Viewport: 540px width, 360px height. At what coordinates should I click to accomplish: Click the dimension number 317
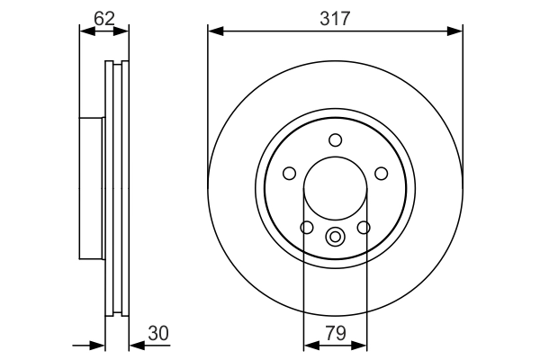click(x=335, y=18)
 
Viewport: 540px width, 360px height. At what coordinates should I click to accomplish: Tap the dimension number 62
click(x=104, y=18)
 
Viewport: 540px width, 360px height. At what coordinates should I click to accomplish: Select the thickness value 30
click(x=158, y=334)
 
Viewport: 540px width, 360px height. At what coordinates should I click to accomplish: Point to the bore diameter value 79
click(x=336, y=334)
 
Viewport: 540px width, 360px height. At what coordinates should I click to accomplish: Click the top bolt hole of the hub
click(x=335, y=140)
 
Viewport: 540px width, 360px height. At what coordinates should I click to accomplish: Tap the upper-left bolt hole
click(x=289, y=174)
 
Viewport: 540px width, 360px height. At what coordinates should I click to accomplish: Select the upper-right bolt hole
click(x=382, y=174)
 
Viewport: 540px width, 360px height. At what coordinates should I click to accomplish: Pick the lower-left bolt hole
click(x=307, y=228)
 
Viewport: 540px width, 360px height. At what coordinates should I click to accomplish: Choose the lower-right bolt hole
click(x=364, y=228)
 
